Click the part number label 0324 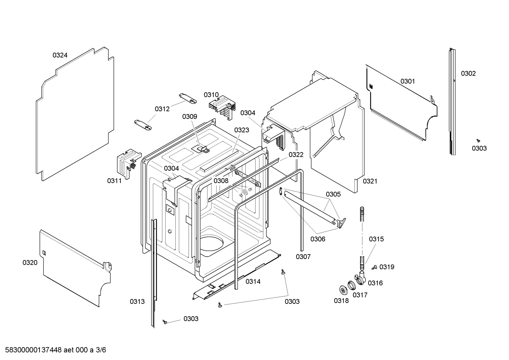point(60,55)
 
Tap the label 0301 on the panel point(407,81)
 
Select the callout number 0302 point(468,73)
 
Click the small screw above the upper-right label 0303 point(478,140)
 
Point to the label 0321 point(370,181)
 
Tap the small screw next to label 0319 point(375,267)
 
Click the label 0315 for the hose point(376,239)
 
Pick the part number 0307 point(303,256)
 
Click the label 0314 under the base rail point(253,282)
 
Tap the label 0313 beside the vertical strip point(137,301)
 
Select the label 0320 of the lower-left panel point(30,262)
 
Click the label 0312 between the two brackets point(162,109)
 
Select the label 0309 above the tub point(190,117)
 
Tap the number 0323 point(241,130)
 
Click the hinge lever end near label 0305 point(342,222)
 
